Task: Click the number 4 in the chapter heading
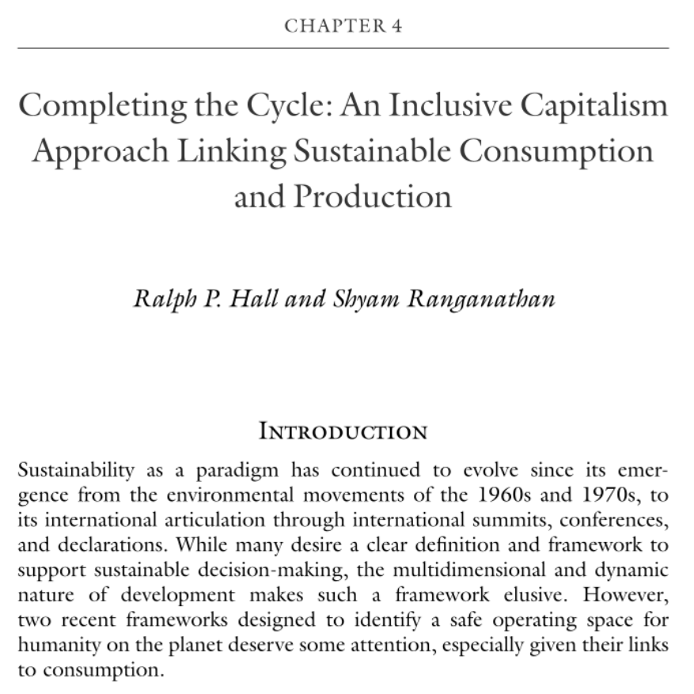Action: pos(396,25)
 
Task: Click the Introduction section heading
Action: pos(343,432)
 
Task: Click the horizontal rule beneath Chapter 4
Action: pos(343,48)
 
